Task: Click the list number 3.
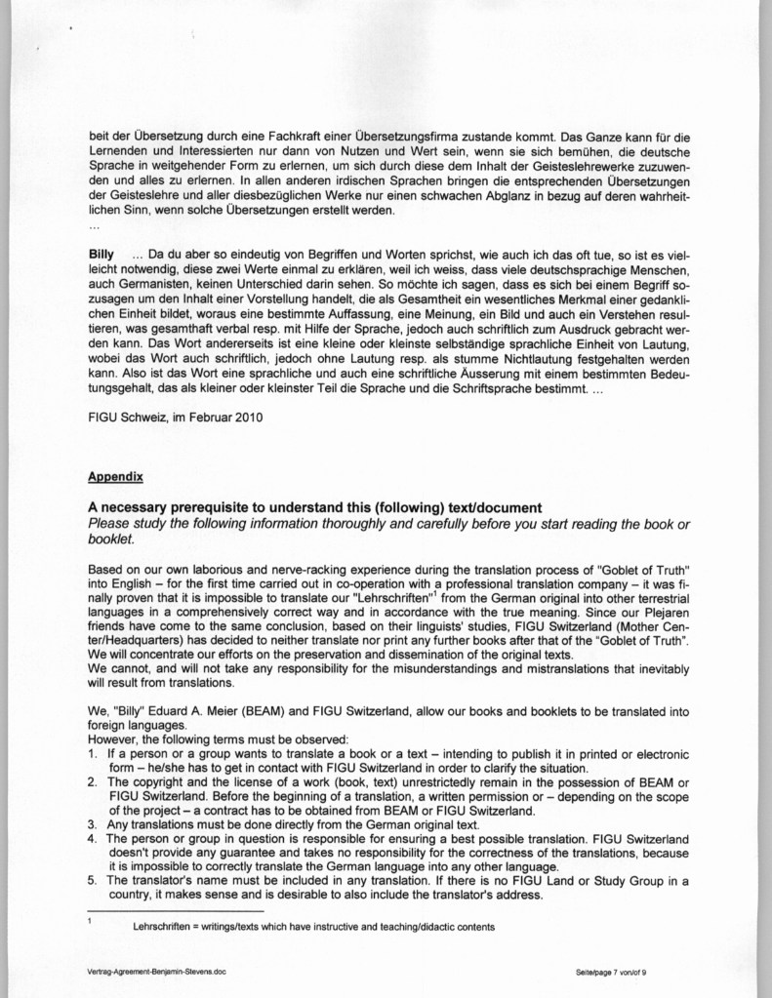coord(92,823)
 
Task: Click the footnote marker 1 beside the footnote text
coord(90,920)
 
